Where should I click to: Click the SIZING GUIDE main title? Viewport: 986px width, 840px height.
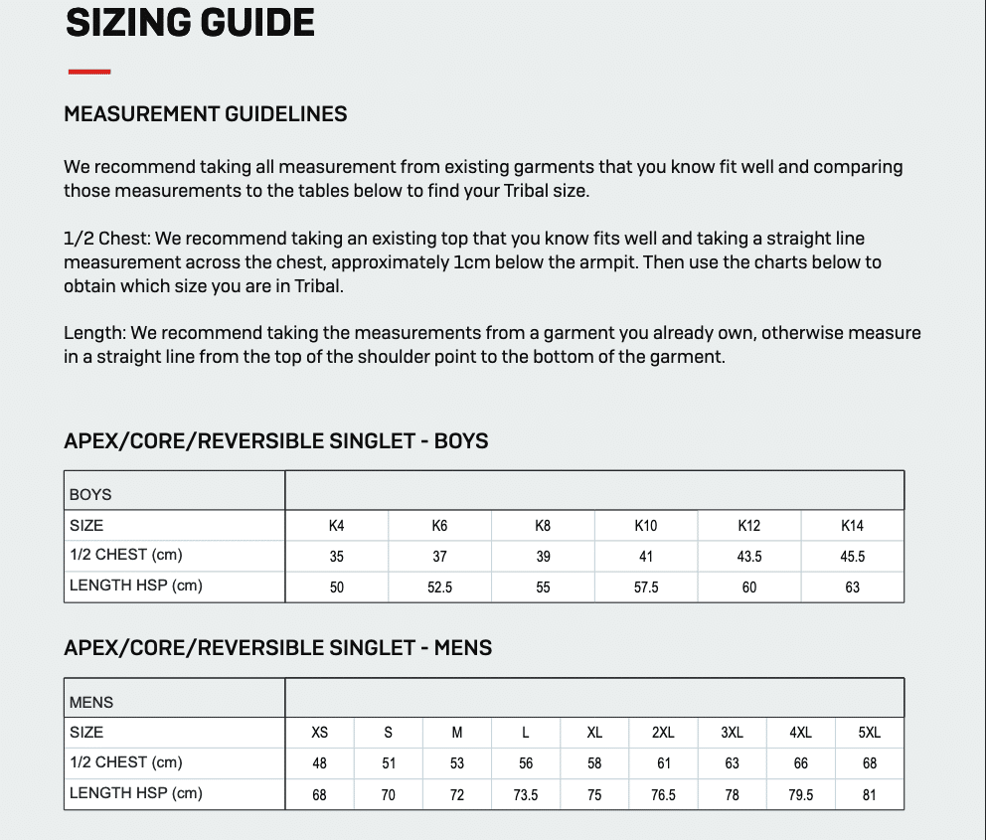pyautogui.click(x=190, y=23)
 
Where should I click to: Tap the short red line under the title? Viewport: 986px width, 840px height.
pyautogui.click(x=89, y=72)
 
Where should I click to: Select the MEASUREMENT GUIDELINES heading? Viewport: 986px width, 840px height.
pyautogui.click(x=206, y=114)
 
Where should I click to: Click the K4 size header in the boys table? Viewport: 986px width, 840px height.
pyautogui.click(x=337, y=526)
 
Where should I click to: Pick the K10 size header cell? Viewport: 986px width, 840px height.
pyautogui.click(x=646, y=526)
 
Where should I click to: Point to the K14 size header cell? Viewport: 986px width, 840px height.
pyautogui.click(x=852, y=526)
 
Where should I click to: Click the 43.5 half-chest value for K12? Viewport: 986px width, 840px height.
pyautogui.click(x=749, y=557)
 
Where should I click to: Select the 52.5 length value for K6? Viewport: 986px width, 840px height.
pyautogui.click(x=439, y=588)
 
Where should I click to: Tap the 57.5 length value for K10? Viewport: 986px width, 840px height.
pyautogui.click(x=646, y=588)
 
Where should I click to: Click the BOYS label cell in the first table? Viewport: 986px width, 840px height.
pyautogui.click(x=90, y=494)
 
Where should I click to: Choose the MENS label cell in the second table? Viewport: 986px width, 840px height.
pyautogui.click(x=91, y=702)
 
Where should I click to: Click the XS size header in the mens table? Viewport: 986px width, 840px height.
pyautogui.click(x=319, y=733)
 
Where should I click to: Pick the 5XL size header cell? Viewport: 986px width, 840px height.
pyautogui.click(x=869, y=733)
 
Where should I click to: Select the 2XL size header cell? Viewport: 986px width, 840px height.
pyautogui.click(x=663, y=733)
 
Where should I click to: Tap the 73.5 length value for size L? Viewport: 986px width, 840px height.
pyautogui.click(x=526, y=795)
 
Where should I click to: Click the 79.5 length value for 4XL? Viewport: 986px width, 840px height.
pyautogui.click(x=800, y=795)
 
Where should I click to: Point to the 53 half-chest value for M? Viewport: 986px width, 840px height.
pyautogui.click(x=457, y=763)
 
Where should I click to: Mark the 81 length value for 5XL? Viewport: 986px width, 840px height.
pyautogui.click(x=869, y=795)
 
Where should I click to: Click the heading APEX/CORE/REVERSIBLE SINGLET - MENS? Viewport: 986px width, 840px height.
pyautogui.click(x=277, y=648)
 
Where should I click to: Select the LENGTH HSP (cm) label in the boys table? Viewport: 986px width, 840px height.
pyautogui.click(x=136, y=586)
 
